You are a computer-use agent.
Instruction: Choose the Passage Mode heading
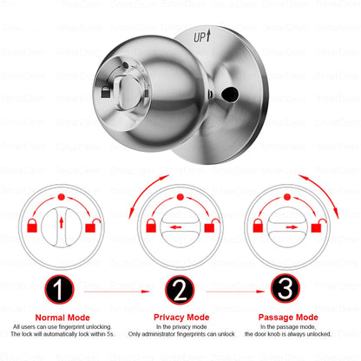(285, 318)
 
